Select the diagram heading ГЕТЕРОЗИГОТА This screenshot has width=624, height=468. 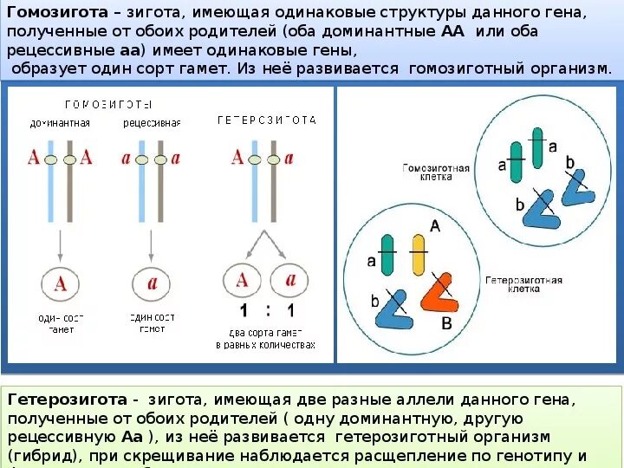coord(266,119)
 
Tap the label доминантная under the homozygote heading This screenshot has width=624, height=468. coord(60,123)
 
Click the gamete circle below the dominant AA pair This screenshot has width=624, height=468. coord(61,283)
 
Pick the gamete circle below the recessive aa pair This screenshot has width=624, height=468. coord(151,283)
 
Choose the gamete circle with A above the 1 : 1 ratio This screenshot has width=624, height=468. coord(243,280)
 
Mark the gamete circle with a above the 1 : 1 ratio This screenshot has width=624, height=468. coord(289,280)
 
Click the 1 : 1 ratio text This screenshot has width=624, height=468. coord(267,312)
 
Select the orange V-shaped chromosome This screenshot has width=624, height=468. coord(439,292)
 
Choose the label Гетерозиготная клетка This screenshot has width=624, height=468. coord(523,284)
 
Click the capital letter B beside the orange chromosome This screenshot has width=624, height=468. coord(446,323)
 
